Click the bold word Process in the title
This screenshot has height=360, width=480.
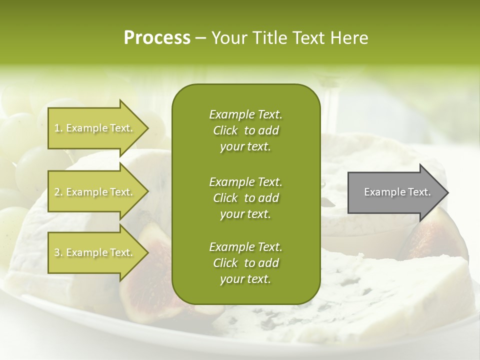coord(157,38)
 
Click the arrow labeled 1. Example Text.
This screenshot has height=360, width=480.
coord(95,128)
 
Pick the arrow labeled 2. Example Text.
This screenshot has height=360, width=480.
coord(95,192)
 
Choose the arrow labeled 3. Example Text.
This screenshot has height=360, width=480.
coord(95,252)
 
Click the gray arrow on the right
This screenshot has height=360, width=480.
coord(395,192)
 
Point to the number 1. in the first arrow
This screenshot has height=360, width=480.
coord(58,128)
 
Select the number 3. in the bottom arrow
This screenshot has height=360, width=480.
coord(58,253)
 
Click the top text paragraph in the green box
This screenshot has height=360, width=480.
coord(245,130)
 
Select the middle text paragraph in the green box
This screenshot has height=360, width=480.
coord(245,197)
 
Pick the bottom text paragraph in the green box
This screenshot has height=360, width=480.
coord(245,263)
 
